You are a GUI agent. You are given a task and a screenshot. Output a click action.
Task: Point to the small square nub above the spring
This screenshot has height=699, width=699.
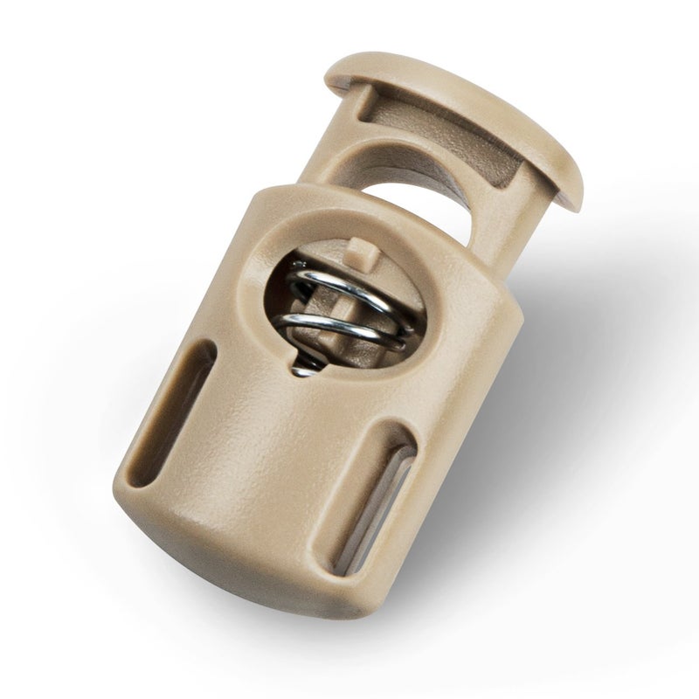point(356,254)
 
